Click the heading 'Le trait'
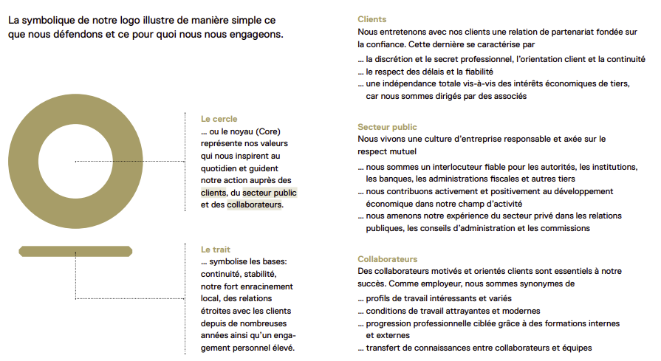point(216,250)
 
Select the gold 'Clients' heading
point(371,19)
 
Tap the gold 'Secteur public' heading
point(387,127)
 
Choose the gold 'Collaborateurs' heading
point(388,259)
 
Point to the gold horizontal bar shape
point(75,251)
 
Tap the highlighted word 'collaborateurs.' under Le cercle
point(255,204)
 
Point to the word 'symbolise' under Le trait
point(232,262)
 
